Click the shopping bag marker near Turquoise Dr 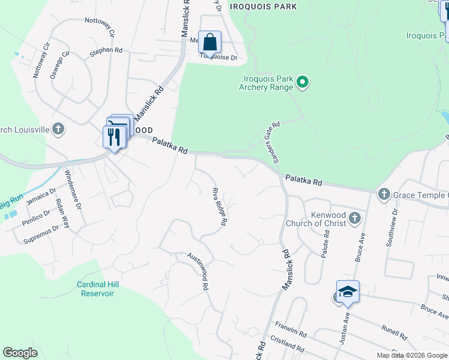pos(209,42)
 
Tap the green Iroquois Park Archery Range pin pos(303,83)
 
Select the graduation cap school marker pos(348,292)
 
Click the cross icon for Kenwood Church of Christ pos(355,218)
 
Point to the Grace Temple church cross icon pos(384,194)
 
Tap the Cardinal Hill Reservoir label pos(95,289)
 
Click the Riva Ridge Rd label pos(219,206)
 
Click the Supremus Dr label pos(41,235)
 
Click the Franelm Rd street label pos(291,333)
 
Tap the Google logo pos(20,353)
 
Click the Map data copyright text pos(411,355)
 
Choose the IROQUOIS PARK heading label pos(267,7)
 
